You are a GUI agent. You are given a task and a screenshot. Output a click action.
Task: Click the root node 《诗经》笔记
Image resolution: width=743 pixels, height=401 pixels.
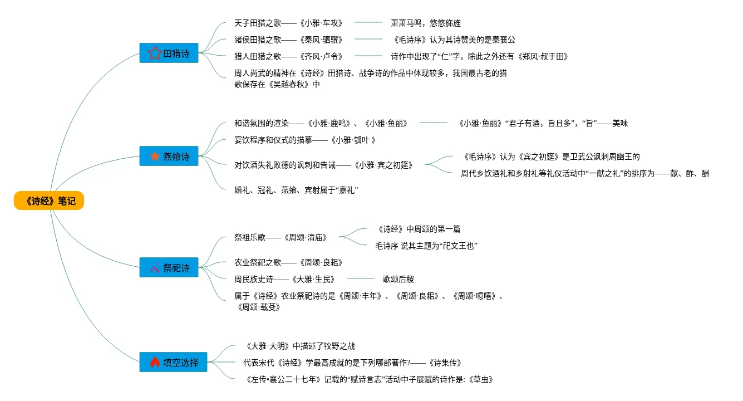coord(49,201)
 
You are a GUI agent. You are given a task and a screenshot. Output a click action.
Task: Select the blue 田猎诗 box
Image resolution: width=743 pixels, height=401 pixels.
coord(169,53)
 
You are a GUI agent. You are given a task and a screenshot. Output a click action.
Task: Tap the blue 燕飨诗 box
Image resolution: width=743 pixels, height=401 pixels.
coord(169,157)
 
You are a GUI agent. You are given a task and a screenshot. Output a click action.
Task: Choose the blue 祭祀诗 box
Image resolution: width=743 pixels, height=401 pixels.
coord(169,268)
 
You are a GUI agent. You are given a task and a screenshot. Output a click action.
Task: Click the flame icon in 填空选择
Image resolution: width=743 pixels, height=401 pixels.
coord(155,363)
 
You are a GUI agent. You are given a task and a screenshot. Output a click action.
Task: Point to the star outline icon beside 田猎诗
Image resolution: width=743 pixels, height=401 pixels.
coord(155,53)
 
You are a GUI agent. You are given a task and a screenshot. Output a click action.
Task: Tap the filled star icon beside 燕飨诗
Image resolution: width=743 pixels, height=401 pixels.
coord(155,157)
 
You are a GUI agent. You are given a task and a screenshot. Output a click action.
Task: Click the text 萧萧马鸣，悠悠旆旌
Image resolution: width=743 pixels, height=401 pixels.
coord(426,23)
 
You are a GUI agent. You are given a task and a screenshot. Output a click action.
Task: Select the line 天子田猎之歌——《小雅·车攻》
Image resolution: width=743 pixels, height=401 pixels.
coord(288,23)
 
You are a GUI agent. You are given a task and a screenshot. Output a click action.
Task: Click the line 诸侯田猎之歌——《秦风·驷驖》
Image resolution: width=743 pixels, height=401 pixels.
coord(288,40)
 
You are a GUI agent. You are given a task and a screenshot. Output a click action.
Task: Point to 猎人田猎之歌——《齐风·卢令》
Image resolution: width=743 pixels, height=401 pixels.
coord(288,56)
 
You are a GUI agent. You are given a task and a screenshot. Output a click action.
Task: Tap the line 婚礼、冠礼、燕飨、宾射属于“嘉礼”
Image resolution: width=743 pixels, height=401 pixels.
coord(296,190)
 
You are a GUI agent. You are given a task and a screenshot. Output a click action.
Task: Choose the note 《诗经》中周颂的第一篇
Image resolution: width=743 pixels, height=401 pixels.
coord(418,229)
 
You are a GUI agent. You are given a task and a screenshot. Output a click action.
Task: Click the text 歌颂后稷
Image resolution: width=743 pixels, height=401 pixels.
coord(398,279)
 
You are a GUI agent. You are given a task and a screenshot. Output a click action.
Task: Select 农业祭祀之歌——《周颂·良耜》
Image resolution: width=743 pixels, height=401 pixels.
coord(288,262)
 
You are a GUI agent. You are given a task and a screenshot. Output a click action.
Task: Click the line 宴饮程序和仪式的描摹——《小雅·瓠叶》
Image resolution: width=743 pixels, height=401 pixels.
coord(306,140)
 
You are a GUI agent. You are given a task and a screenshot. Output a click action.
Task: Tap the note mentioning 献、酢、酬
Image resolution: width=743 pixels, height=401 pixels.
coord(585,174)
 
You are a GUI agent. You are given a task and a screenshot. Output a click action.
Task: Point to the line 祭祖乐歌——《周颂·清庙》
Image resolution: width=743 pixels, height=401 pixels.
coord(281,238)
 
